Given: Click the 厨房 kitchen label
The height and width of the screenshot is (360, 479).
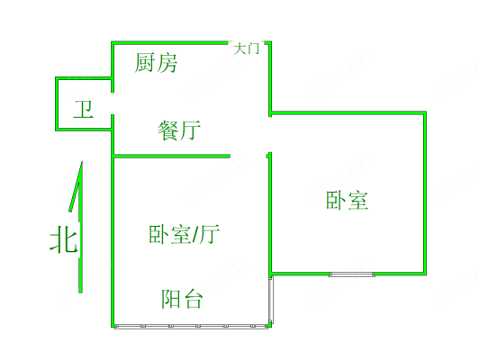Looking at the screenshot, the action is click(156, 63).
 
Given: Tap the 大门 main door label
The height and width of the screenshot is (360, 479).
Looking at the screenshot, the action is click(246, 49).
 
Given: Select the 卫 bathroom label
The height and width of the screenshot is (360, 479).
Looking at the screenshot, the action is click(83, 109).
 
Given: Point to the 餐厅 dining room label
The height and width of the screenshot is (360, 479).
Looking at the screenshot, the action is click(179, 130).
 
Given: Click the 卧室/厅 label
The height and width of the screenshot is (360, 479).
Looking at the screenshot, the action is click(185, 234).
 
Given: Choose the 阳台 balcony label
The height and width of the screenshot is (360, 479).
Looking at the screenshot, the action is click(182, 299).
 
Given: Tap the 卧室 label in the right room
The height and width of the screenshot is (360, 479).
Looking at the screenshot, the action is click(347, 200).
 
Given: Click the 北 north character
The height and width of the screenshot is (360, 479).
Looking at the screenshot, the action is click(64, 238).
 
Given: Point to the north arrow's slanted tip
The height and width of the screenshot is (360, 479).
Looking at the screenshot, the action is click(82, 161).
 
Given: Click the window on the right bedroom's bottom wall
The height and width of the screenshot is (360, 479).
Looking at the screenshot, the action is click(352, 274).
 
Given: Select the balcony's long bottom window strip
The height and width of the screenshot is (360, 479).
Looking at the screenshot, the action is click(191, 326).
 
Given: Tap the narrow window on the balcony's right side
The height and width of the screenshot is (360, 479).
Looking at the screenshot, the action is click(271, 300).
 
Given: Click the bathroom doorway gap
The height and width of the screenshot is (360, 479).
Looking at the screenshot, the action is click(113, 103).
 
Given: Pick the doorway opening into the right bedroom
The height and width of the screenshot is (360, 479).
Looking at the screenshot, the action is click(270, 134).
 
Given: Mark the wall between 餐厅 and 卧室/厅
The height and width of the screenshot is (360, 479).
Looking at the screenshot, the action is click(172, 157).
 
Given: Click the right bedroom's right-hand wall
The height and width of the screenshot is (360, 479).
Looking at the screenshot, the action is click(425, 193).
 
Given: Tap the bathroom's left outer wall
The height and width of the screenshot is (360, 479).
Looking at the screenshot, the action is click(57, 103).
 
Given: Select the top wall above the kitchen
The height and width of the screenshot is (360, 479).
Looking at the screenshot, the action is click(169, 42).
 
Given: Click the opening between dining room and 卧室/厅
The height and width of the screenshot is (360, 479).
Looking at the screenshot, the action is click(249, 157).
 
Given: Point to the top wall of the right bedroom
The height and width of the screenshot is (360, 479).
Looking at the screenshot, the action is click(348, 113).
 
